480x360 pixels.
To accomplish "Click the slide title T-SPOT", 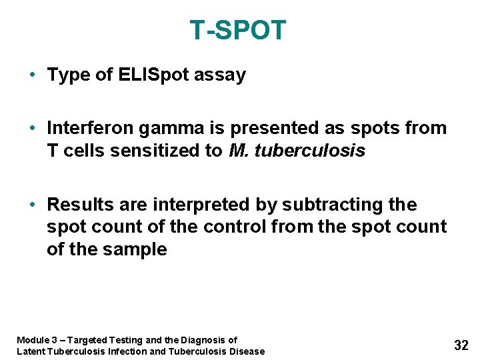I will (x=238, y=31).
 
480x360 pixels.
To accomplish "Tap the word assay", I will (x=220, y=75).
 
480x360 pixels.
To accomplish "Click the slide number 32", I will (x=461, y=345).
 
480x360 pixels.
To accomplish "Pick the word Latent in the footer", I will (x=30, y=351).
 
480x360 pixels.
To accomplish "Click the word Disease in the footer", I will (x=246, y=351).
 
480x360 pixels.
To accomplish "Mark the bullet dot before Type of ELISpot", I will (x=33, y=75).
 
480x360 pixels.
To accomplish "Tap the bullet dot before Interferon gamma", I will (x=33, y=128).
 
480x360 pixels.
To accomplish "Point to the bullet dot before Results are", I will (x=33, y=204).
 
